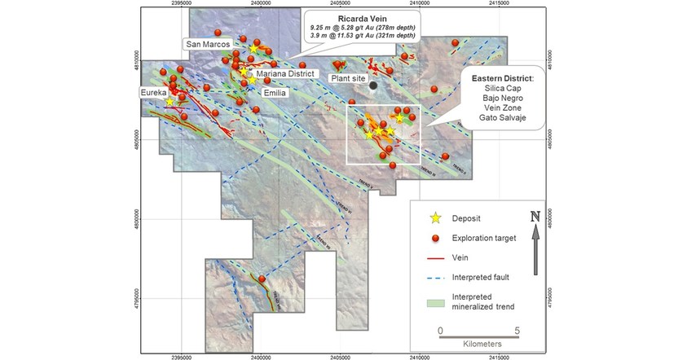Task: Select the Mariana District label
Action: click(x=282, y=74)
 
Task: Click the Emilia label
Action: click(x=274, y=93)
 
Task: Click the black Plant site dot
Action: click(x=373, y=85)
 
